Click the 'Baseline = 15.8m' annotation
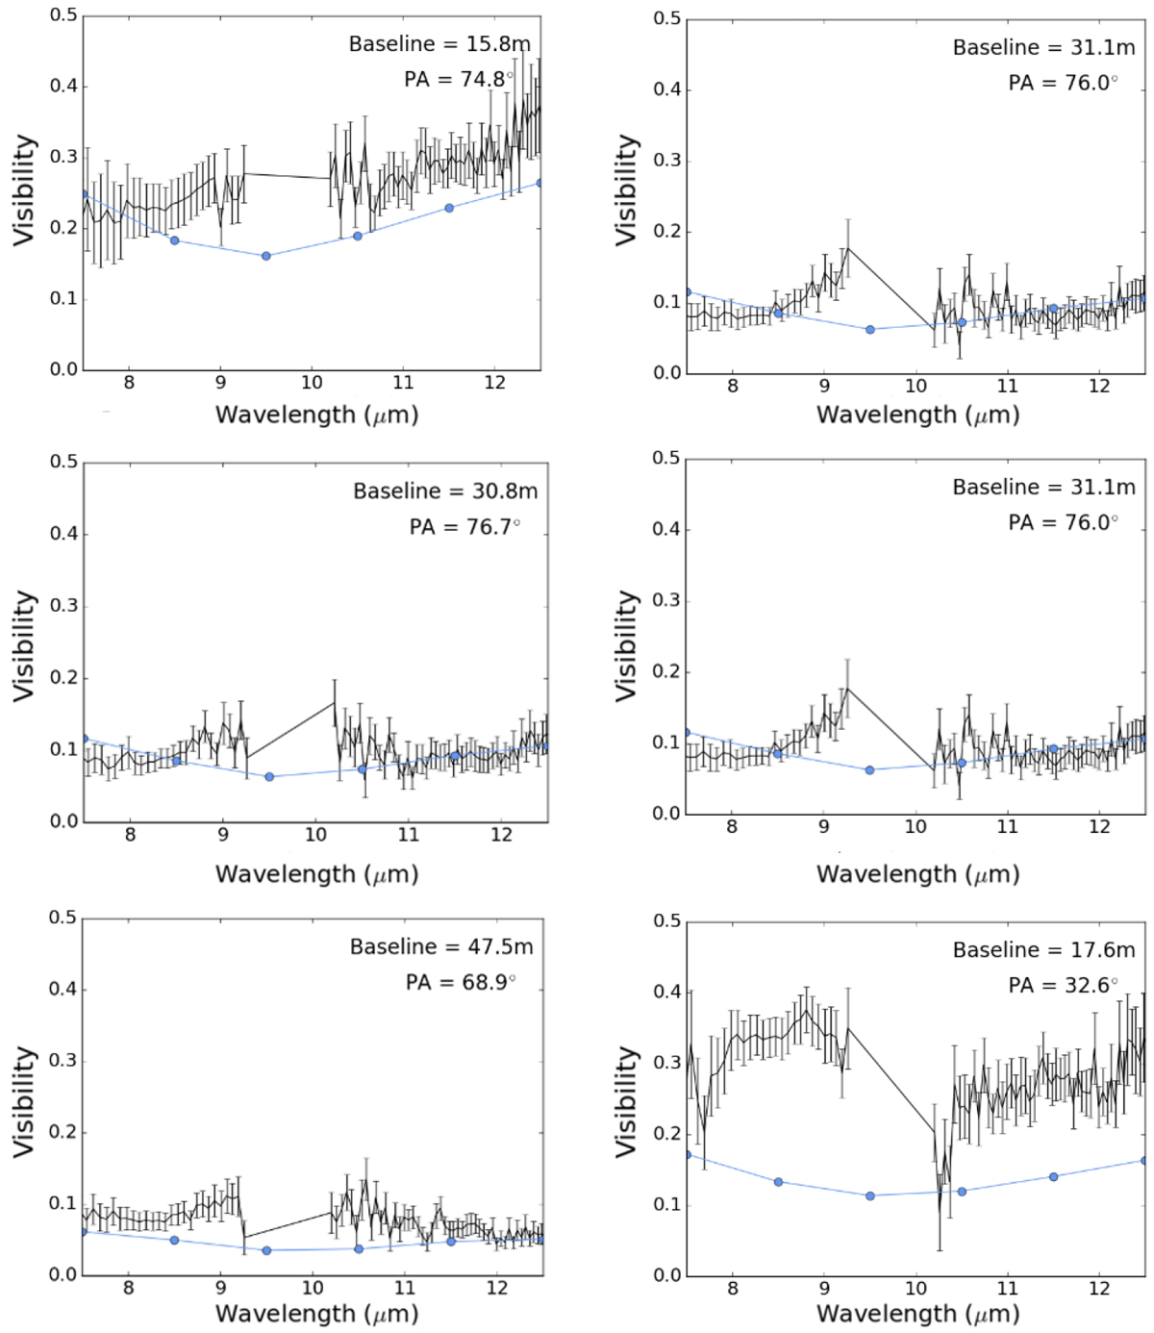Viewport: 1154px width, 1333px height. pyautogui.click(x=439, y=44)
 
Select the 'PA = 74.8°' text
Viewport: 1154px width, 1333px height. pyautogui.click(x=458, y=79)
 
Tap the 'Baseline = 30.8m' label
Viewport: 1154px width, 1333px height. pyautogui.click(x=445, y=491)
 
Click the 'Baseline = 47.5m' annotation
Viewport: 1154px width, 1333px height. pyautogui.click(x=440, y=947)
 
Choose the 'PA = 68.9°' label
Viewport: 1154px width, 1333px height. pyautogui.click(x=460, y=982)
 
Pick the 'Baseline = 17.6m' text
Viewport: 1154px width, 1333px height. pyautogui.click(x=1043, y=950)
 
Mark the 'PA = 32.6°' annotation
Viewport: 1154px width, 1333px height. pyautogui.click(x=1063, y=986)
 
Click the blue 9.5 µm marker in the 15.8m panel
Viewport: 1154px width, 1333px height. pyautogui.click(x=266, y=256)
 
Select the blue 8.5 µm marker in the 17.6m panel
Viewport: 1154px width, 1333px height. pyautogui.click(x=778, y=1182)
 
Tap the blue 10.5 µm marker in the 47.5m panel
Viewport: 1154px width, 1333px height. pyautogui.click(x=359, y=1249)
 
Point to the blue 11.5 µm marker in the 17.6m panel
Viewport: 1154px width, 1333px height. pyautogui.click(x=1053, y=1177)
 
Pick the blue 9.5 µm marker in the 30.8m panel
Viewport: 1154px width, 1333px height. pyautogui.click(x=269, y=776)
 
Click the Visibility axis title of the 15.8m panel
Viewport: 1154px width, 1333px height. pyautogui.click(x=24, y=190)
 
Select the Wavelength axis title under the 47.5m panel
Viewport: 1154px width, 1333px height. pyautogui.click(x=316, y=1314)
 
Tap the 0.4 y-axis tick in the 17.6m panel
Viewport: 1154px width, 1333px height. pyautogui.click(x=667, y=992)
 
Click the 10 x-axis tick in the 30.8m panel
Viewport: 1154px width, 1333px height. pyautogui.click(x=315, y=835)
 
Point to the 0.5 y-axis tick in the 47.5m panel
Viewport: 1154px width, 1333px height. pyautogui.click(x=63, y=918)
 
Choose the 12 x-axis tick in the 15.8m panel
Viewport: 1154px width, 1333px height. pyautogui.click(x=494, y=383)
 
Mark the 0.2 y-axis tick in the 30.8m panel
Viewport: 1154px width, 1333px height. pyautogui.click(x=64, y=678)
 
